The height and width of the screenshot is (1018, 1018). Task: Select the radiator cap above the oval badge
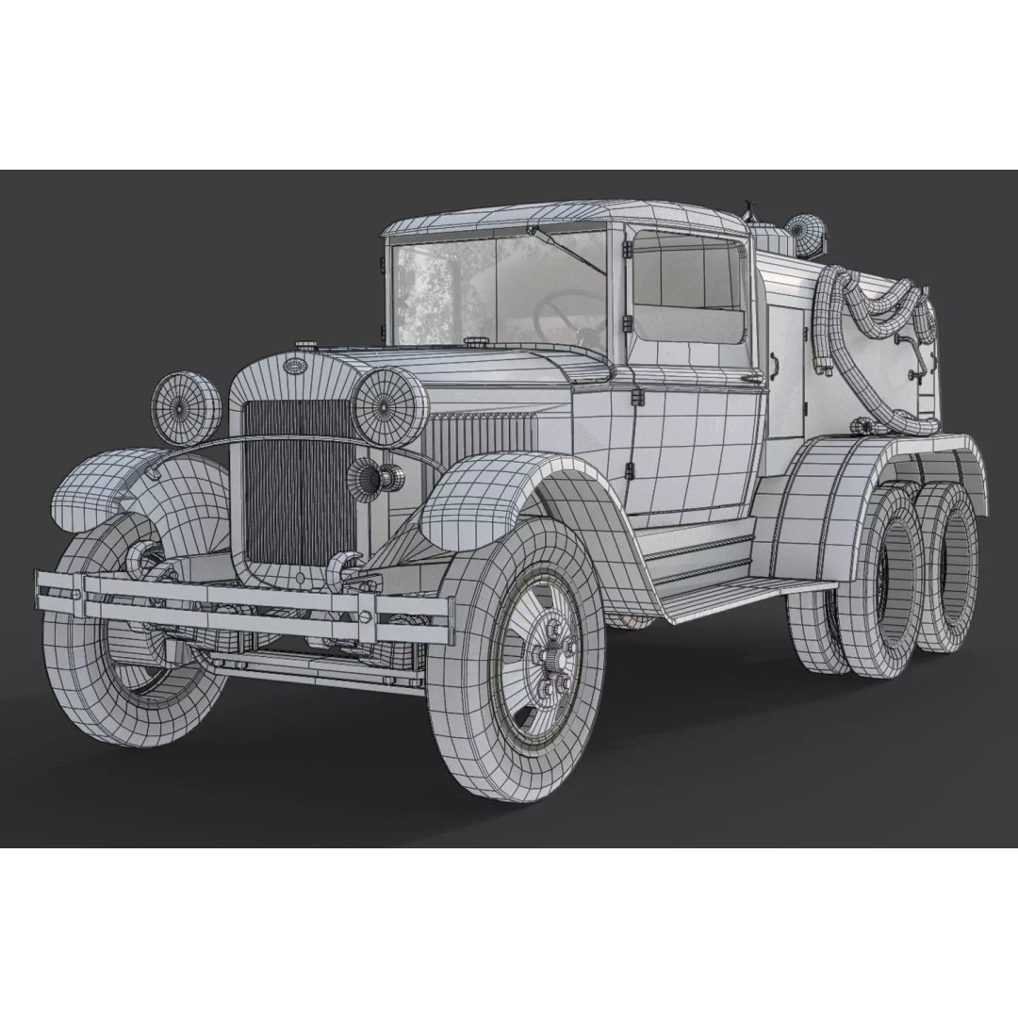(305, 348)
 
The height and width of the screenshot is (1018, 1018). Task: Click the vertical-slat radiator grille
(299, 481)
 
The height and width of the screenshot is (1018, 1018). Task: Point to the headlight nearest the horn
(390, 406)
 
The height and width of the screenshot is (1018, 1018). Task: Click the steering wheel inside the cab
(566, 316)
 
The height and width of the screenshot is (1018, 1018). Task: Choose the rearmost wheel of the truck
(947, 576)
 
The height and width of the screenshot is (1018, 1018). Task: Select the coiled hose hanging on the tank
(867, 330)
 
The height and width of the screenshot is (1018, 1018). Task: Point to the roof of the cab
(566, 215)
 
